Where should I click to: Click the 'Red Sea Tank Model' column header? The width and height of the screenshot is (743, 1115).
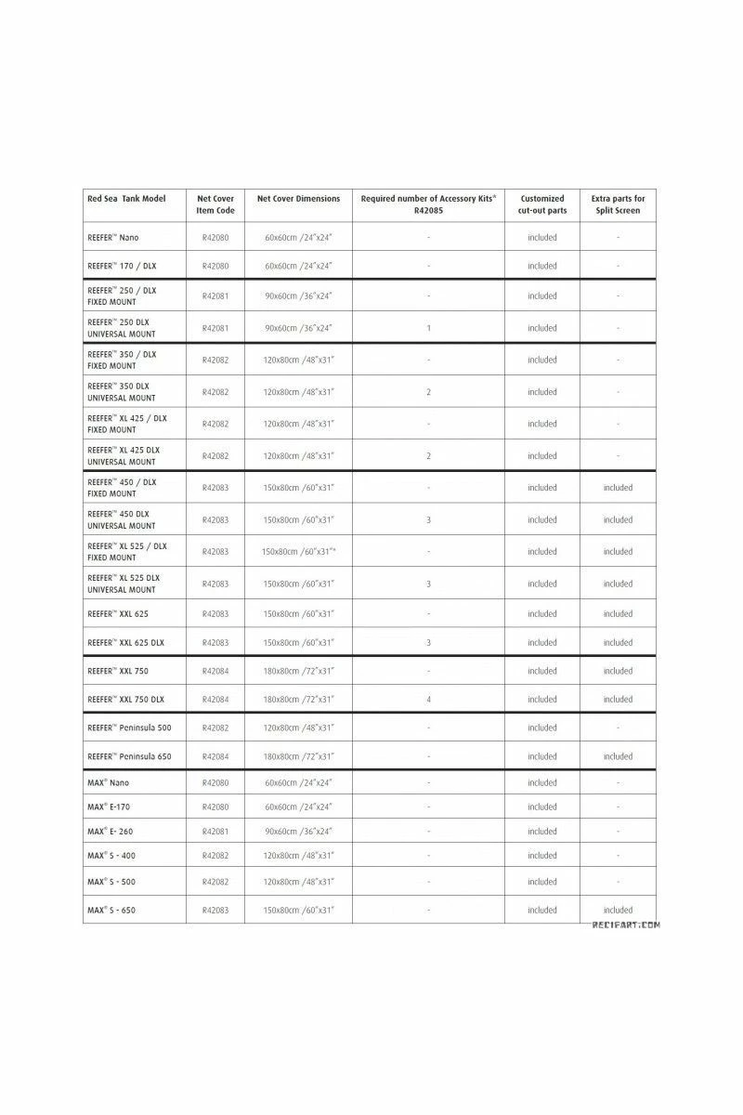(126, 199)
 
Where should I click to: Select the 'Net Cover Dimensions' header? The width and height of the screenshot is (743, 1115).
(298, 199)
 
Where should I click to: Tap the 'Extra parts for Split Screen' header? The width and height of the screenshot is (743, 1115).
(618, 204)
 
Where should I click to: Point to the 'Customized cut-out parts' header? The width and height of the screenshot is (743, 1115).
(542, 204)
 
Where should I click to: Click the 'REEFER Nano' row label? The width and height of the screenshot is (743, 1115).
(113, 238)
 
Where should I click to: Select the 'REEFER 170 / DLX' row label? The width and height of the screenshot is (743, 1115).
(122, 266)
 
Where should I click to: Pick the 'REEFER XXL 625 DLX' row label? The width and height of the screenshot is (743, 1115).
(125, 642)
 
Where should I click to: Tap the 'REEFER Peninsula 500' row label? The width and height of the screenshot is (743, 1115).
(129, 728)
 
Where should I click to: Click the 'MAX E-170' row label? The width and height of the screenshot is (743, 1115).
(109, 807)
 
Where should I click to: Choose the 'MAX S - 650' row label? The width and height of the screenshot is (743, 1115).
(111, 911)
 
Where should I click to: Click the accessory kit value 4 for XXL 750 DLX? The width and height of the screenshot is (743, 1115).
(428, 700)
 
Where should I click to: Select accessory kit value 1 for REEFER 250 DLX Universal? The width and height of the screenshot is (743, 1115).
(428, 328)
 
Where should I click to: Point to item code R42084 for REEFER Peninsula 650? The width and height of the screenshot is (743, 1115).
(215, 756)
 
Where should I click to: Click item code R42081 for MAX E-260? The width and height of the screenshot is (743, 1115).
(215, 832)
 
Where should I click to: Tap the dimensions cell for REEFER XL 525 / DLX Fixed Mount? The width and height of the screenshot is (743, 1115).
(298, 552)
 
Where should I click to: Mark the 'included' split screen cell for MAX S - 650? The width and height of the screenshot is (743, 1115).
(618, 911)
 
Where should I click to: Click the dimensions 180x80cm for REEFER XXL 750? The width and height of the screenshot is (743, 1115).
(298, 671)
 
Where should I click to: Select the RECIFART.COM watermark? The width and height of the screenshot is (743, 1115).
(626, 925)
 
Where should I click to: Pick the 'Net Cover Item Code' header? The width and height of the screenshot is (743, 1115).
(215, 204)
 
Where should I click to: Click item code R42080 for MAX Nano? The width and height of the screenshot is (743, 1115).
(215, 782)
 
